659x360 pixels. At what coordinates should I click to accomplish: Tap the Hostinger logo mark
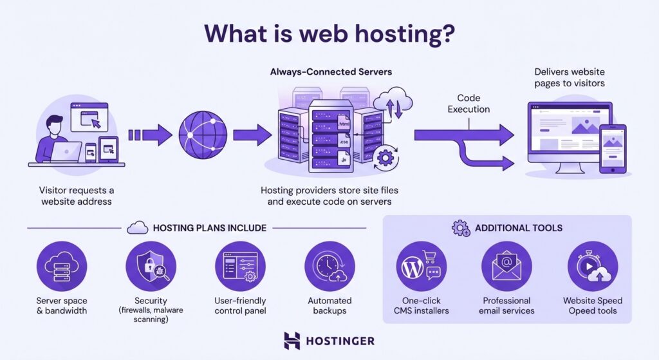tap(292, 341)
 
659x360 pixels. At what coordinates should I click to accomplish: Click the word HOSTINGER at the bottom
tap(340, 341)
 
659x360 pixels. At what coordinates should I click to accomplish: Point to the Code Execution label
tap(469, 104)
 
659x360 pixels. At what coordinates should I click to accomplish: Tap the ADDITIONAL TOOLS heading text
tap(518, 227)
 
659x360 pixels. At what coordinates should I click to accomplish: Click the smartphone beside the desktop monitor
tap(612, 148)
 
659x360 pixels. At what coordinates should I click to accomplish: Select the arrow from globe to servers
tap(252, 135)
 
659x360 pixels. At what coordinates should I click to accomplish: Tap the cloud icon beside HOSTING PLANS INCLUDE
tap(138, 227)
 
